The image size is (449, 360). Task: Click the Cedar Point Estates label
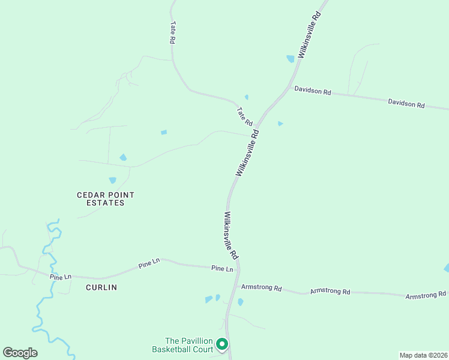[106, 199]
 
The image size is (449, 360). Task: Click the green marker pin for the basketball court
[221, 344]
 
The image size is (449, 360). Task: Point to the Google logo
[20, 353]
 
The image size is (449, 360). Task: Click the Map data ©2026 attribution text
[423, 355]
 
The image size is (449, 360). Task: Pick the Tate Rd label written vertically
[172, 32]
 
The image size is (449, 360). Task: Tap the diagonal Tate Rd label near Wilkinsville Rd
[244, 116]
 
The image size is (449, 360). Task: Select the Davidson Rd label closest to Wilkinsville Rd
[312, 91]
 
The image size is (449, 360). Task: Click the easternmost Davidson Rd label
[406, 104]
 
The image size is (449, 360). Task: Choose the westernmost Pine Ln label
[61, 277]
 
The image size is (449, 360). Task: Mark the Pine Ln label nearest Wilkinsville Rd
[221, 269]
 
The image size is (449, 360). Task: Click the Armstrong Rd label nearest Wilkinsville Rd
[261, 288]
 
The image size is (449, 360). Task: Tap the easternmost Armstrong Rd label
[426, 295]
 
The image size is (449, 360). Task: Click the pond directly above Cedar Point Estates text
[112, 180]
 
